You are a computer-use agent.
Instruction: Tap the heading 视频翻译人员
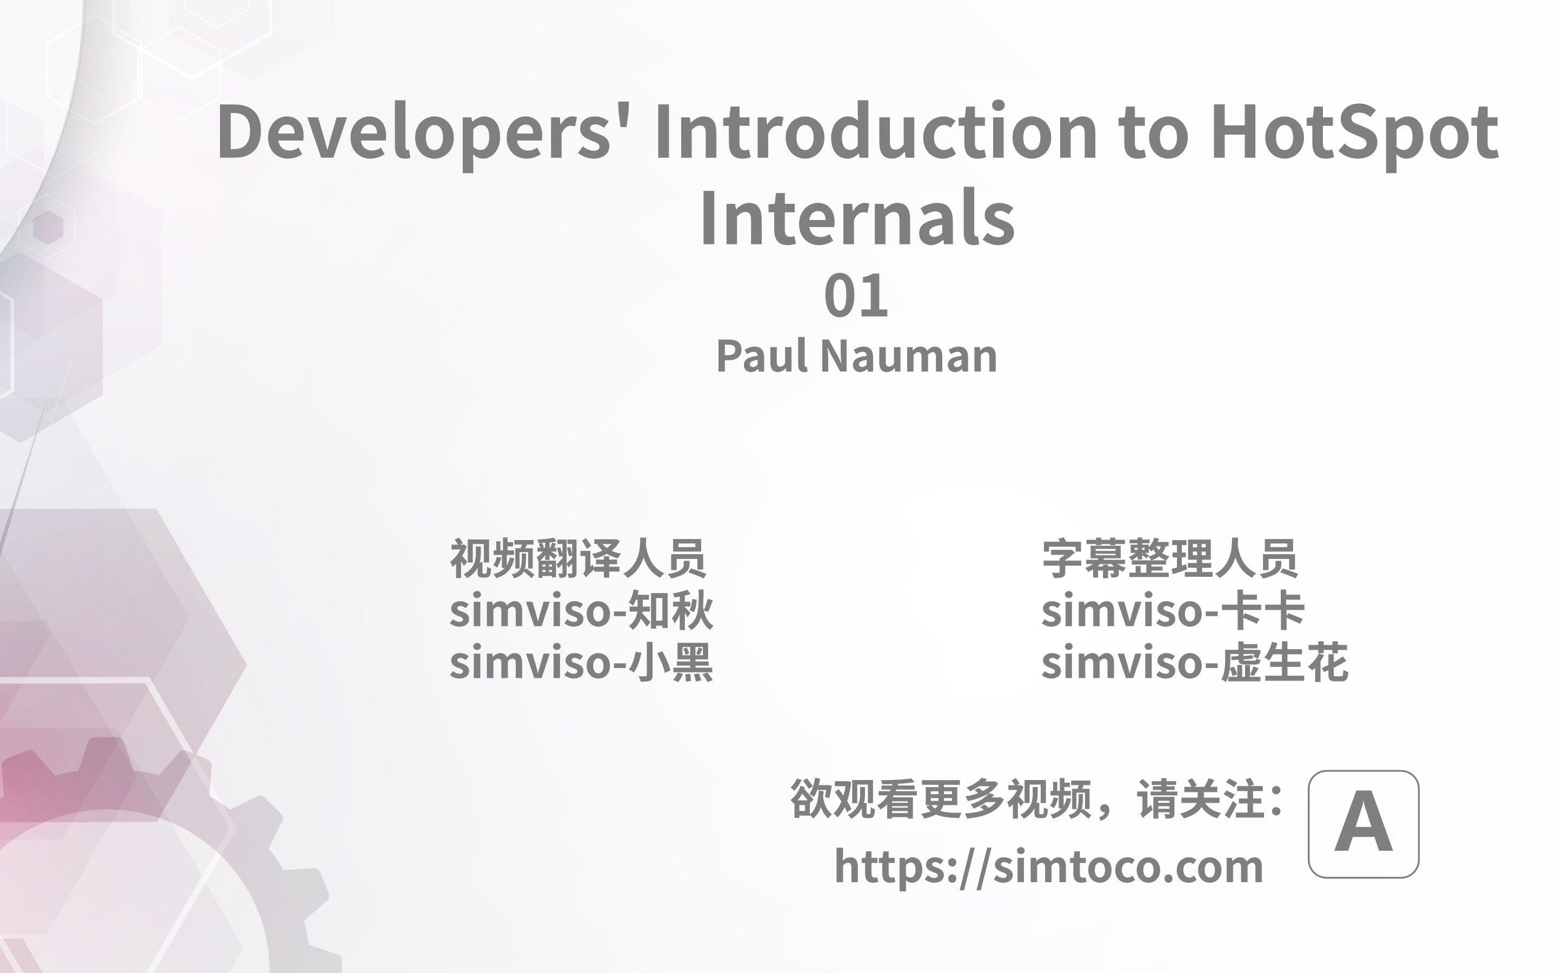578,558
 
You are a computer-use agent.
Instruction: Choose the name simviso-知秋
581,610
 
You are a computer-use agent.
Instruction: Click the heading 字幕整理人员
1170,558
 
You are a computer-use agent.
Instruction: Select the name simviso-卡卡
1173,610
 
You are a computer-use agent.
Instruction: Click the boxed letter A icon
1363,824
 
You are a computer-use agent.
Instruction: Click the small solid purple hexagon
48,227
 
